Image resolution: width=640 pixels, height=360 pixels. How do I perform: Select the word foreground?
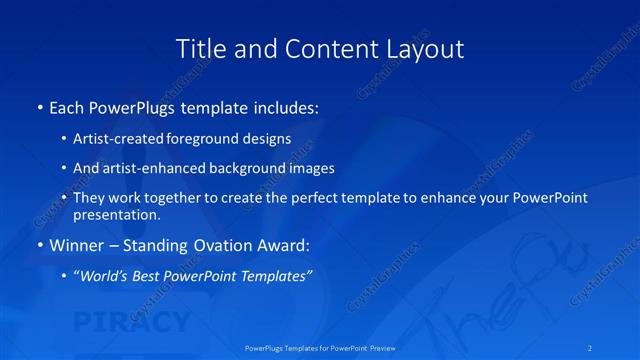pyautogui.click(x=206, y=139)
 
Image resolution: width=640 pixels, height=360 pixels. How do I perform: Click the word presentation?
pyautogui.click(x=115, y=214)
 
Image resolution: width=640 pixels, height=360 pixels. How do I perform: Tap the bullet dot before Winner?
pyautogui.click(x=40, y=244)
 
